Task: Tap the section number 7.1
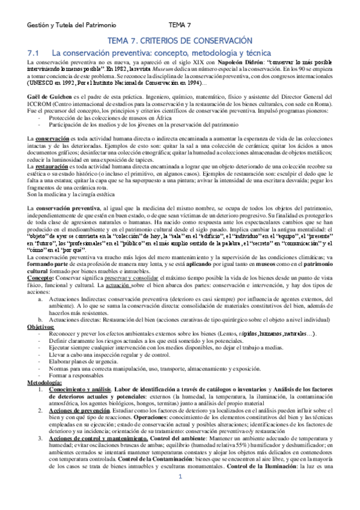point(29,53)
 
